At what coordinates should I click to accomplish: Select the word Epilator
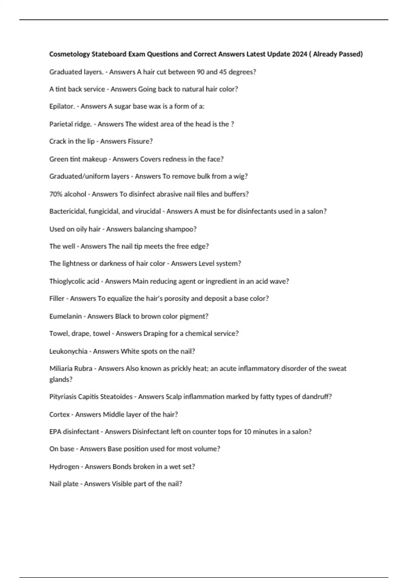pos(62,106)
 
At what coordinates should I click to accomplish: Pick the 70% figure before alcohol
pos(56,194)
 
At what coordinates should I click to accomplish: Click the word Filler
pos(57,299)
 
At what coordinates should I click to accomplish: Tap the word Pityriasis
pos(63,397)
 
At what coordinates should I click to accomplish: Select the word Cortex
pos(60,414)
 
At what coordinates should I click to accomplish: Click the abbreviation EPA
pos(55,432)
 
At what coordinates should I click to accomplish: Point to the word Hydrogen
pos(64,467)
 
